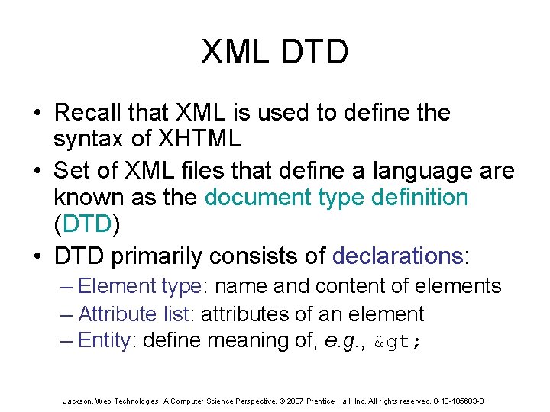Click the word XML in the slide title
click(x=231, y=52)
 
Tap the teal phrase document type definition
click(x=336, y=197)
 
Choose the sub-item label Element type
click(x=138, y=287)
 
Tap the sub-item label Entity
click(x=105, y=340)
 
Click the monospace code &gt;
click(x=396, y=342)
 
